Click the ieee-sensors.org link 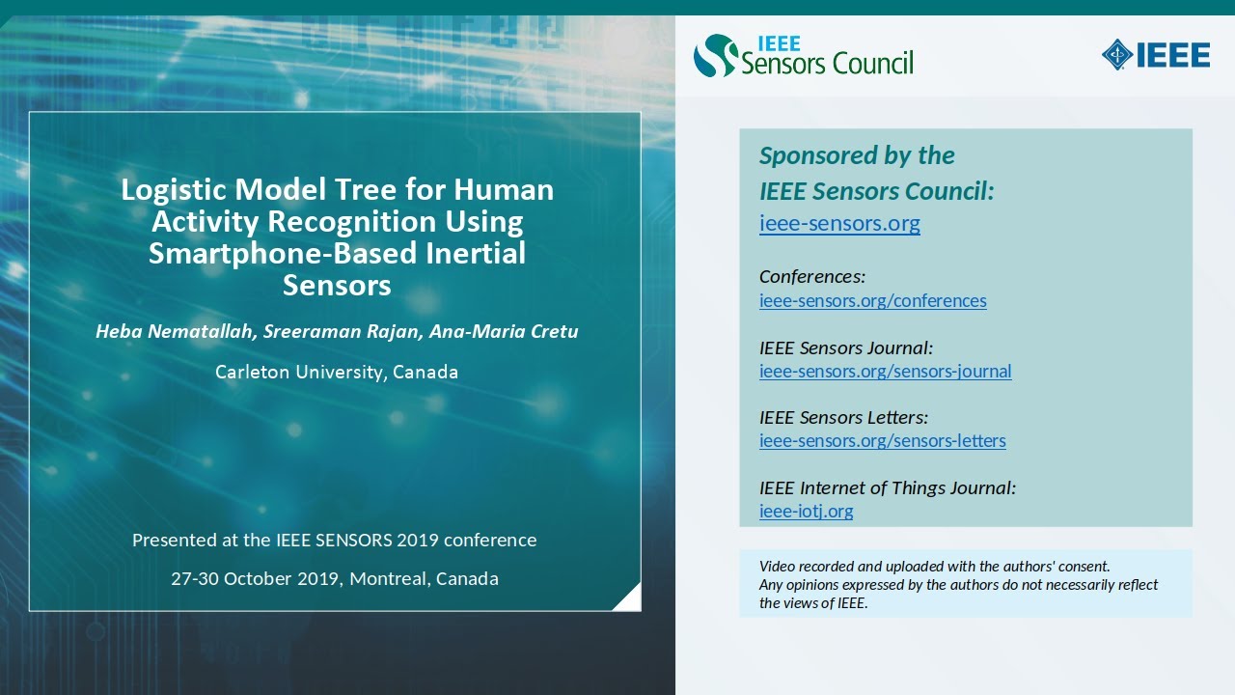pyautogui.click(x=839, y=224)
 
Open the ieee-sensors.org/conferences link pyautogui.click(x=872, y=300)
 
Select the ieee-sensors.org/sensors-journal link pyautogui.click(x=885, y=371)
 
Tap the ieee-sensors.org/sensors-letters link pyautogui.click(x=882, y=441)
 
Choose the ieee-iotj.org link pyautogui.click(x=806, y=512)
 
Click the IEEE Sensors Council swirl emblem pyautogui.click(x=715, y=56)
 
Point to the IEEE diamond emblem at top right pyautogui.click(x=1117, y=54)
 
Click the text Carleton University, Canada pyautogui.click(x=337, y=372)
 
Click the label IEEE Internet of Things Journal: pyautogui.click(x=887, y=487)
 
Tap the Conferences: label pyautogui.click(x=811, y=277)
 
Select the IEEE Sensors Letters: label pyautogui.click(x=843, y=417)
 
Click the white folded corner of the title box pyautogui.click(x=629, y=599)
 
